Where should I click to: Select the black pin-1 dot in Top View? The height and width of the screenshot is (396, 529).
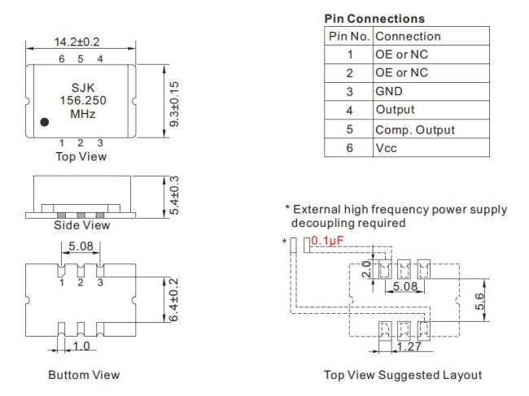(45, 122)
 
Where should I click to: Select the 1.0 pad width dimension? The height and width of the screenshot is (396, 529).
(80, 345)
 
